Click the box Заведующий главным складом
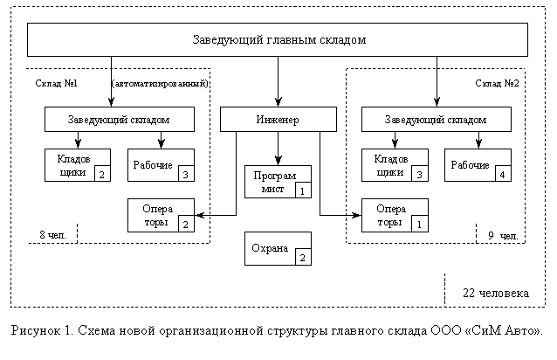[278, 39]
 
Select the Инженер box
[278, 119]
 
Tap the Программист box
[277, 181]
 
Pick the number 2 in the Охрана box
[301, 257]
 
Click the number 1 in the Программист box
[301, 190]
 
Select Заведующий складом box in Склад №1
[119, 119]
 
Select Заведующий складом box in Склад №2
[436, 119]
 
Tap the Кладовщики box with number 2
[78, 165]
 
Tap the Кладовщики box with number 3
[395, 165]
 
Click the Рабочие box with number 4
[478, 165]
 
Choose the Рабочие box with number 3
[162, 165]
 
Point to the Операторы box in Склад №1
[162, 215]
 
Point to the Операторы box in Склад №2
[395, 215]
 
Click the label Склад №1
[57, 84]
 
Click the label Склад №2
[498, 84]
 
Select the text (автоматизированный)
[160, 84]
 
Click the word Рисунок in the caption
[38, 331]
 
